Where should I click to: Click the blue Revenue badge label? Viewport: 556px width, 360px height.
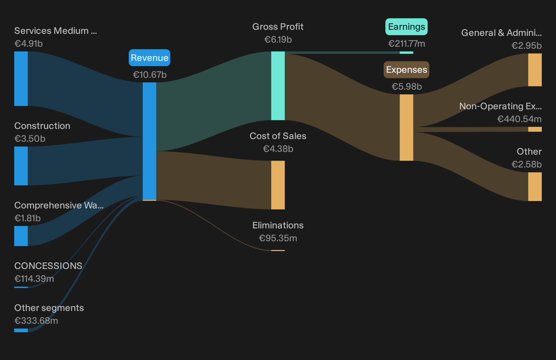click(149, 58)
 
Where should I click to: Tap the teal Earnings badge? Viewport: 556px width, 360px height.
click(406, 27)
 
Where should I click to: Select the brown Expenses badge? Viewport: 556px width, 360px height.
click(406, 70)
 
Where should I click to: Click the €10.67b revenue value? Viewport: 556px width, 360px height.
click(150, 75)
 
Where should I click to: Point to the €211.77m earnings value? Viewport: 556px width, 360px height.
click(407, 44)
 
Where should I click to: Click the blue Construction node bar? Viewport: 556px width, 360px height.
click(21, 166)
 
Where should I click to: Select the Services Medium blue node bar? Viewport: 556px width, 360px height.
click(21, 78)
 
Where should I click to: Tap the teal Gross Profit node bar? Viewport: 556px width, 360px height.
click(278, 86)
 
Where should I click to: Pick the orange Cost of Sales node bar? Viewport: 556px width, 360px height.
click(278, 185)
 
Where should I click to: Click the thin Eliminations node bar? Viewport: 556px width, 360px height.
click(278, 251)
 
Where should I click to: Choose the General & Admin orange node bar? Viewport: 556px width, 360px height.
click(535, 70)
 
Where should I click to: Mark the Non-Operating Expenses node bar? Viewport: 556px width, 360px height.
click(535, 129)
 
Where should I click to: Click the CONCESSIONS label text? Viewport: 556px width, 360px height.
click(48, 266)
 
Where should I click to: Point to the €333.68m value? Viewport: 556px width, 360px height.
click(36, 321)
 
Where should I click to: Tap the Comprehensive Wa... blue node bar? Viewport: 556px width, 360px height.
click(21, 236)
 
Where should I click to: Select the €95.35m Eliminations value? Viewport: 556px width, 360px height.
click(278, 238)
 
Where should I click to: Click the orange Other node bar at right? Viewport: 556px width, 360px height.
click(535, 186)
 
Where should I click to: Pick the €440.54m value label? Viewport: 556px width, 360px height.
click(519, 119)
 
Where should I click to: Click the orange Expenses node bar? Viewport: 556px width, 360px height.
click(406, 128)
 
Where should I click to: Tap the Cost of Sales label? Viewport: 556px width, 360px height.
click(278, 136)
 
